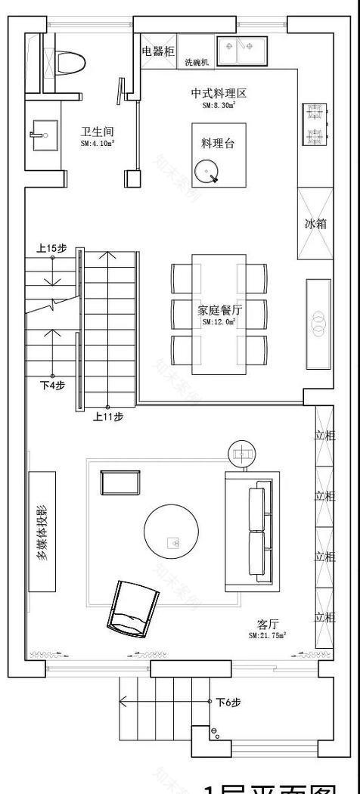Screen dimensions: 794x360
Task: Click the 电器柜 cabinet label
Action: tap(158, 51)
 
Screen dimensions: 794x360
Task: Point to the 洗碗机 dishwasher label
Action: tap(197, 63)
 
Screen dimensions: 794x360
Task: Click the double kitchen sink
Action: tap(240, 50)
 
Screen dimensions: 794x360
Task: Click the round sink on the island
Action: tap(206, 173)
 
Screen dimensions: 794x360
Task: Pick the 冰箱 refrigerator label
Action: tap(315, 224)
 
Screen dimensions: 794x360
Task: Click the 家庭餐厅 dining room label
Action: tap(219, 309)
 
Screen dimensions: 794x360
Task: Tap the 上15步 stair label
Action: tap(51, 248)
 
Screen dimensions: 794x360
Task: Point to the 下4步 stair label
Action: tap(51, 385)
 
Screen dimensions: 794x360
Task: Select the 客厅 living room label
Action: tap(268, 625)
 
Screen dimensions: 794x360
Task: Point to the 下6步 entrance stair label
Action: tap(228, 703)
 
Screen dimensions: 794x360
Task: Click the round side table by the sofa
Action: tap(244, 454)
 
